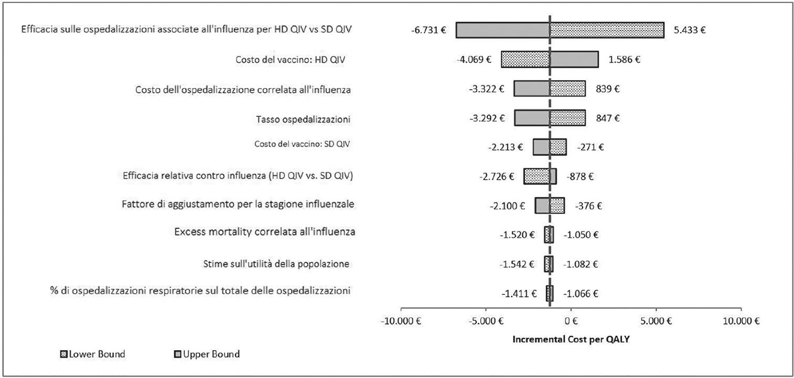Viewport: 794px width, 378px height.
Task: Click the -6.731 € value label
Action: [429, 30]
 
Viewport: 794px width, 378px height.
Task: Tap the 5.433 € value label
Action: [690, 30]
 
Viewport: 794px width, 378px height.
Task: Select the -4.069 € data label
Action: [474, 59]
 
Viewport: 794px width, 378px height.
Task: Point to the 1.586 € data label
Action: [624, 59]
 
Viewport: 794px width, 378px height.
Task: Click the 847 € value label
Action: [606, 118]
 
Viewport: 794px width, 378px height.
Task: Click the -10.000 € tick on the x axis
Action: [401, 321]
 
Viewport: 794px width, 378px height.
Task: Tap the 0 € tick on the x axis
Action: [571, 321]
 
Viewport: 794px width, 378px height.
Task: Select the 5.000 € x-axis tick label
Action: [655, 321]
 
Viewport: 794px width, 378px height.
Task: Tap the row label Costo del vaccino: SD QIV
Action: [302, 144]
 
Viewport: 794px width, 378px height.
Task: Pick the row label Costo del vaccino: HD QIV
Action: [289, 60]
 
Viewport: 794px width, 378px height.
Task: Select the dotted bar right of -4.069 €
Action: [525, 59]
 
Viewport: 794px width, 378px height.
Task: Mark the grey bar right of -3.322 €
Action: [531, 89]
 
